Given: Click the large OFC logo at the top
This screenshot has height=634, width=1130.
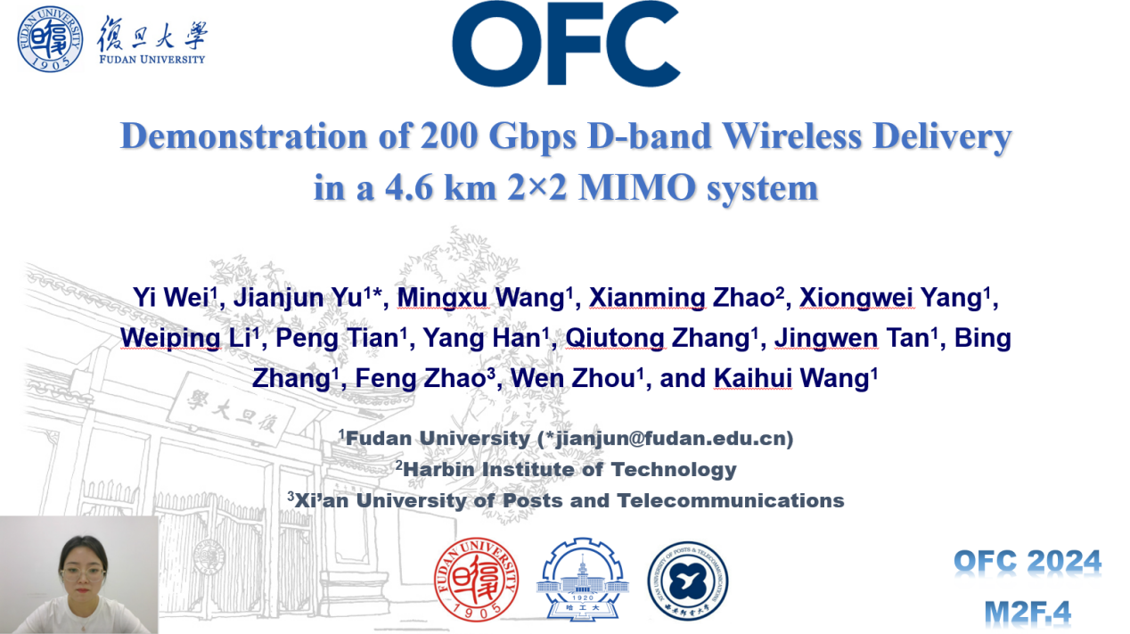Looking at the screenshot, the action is (x=566, y=44).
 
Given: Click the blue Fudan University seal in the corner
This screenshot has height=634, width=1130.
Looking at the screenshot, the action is (x=50, y=39).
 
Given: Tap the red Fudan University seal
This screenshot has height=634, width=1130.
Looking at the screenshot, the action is (x=476, y=579).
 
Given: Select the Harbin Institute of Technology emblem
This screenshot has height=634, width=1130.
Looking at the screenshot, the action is (x=583, y=579).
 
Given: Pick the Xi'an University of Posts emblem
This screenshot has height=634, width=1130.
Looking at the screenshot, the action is (x=688, y=580).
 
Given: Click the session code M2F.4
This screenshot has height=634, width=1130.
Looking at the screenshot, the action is (x=1028, y=613).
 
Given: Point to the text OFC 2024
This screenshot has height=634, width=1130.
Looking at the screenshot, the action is (x=1028, y=561).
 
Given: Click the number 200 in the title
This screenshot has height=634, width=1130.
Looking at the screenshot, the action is (x=449, y=136).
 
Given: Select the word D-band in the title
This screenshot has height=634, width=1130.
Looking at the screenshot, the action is (x=650, y=136).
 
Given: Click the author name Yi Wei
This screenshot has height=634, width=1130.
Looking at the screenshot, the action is (x=171, y=297).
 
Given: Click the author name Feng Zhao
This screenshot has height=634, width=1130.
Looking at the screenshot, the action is (x=421, y=379).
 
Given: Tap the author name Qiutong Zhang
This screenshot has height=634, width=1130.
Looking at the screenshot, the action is (x=658, y=338).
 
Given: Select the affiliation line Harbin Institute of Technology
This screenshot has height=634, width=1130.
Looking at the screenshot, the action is (x=567, y=469).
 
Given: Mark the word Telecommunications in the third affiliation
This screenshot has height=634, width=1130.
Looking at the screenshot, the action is (x=731, y=501).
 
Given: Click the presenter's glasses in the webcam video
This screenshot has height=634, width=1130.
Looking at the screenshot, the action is (x=82, y=574).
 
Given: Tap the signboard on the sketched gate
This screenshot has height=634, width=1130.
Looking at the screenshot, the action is (x=231, y=410).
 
